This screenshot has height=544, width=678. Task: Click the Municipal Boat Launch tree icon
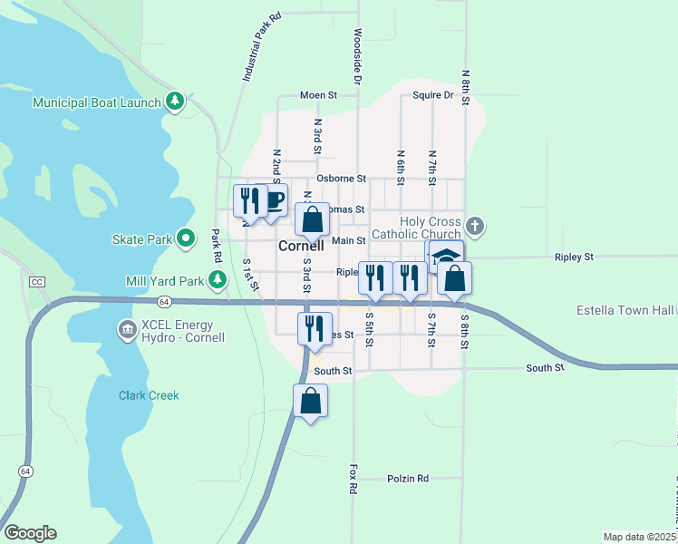coord(176,102)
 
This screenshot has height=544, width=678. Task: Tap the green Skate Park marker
coord(187,239)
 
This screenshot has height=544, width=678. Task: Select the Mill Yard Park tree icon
coord(218,281)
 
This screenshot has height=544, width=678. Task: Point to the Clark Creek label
coord(149,395)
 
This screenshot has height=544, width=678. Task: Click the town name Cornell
coord(301,246)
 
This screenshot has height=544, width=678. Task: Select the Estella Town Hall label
coord(625,310)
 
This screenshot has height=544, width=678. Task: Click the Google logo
coord(30,533)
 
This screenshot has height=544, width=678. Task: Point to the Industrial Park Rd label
coord(261,48)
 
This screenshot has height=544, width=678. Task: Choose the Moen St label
coord(319,95)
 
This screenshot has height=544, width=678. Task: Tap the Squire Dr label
coord(432,94)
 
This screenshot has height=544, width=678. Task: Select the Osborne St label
coord(341,179)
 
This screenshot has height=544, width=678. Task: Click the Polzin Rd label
coord(407,478)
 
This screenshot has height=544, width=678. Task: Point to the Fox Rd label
coord(353,479)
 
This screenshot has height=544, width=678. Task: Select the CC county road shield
coord(36,282)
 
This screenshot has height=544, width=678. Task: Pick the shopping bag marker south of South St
coord(310,400)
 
